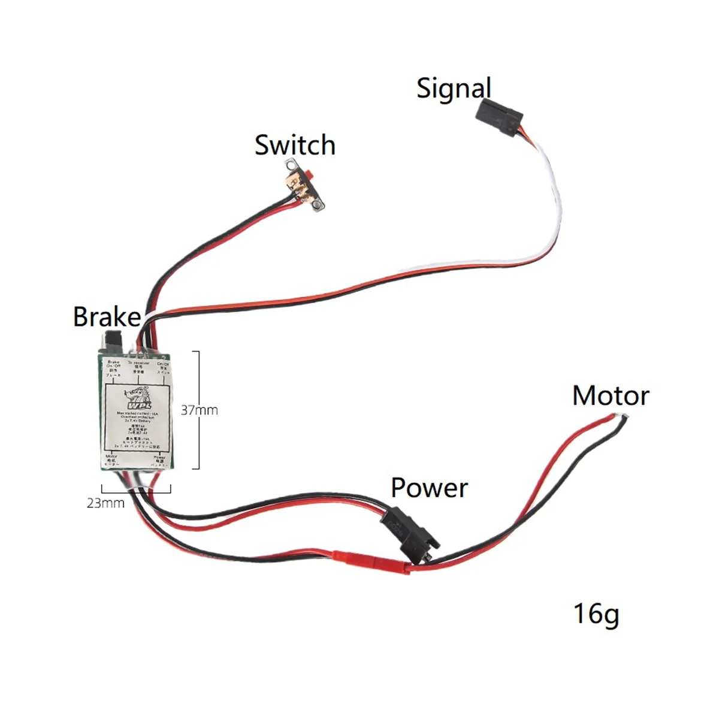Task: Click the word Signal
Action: (454, 89)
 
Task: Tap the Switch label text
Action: (295, 146)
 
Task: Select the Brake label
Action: (107, 317)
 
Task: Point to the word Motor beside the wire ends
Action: (611, 396)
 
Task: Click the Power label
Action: (429, 488)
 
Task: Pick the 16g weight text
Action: (596, 614)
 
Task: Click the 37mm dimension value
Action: (200, 410)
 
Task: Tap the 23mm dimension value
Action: (105, 503)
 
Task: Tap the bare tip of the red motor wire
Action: (624, 417)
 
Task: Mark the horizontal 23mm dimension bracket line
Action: (137, 493)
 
